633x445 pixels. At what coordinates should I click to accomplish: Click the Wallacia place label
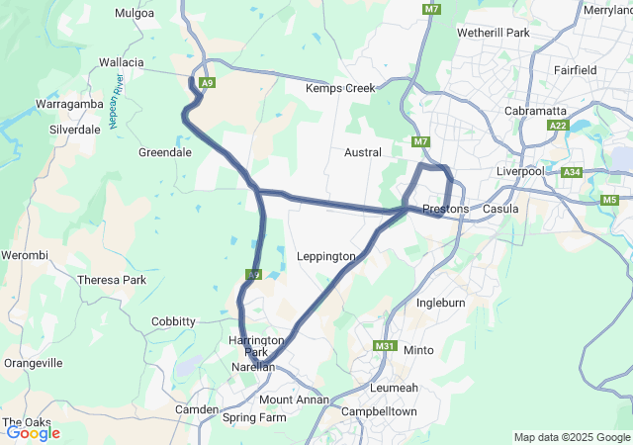[x=122, y=62]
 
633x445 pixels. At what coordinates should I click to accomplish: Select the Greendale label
[x=165, y=153]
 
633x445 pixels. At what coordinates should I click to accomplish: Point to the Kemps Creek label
[x=340, y=88]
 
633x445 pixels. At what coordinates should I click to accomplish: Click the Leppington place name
[x=325, y=257]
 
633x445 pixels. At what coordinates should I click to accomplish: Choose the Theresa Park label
[x=112, y=280]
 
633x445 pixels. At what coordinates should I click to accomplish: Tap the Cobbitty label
[x=173, y=321]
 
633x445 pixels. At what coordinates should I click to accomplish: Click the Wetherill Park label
[x=494, y=33]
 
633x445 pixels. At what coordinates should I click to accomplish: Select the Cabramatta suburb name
[x=535, y=111]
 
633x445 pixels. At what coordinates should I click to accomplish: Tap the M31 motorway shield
[x=385, y=346]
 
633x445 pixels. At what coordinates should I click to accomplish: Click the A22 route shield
[x=559, y=126]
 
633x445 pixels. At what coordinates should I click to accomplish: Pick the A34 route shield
[x=572, y=172]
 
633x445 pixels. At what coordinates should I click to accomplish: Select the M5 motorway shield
[x=609, y=200]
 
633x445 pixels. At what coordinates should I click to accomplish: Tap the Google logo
[x=33, y=433]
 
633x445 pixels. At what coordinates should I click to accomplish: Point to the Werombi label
[x=26, y=256]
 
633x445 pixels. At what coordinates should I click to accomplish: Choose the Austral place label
[x=362, y=153]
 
